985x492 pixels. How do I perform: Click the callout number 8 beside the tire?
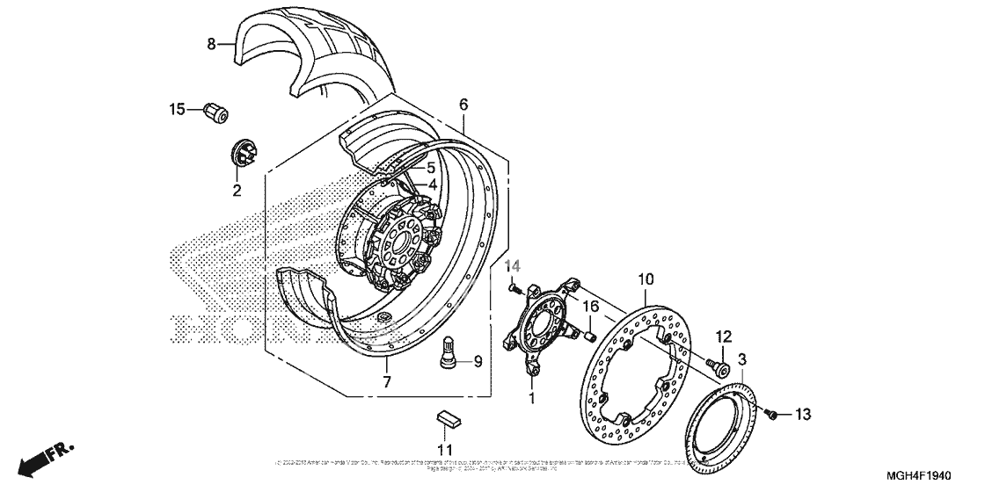click(211, 43)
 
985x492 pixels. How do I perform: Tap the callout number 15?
click(178, 109)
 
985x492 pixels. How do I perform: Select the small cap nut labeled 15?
click(214, 112)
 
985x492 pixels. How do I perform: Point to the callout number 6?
click(463, 105)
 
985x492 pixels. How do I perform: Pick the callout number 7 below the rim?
click(386, 381)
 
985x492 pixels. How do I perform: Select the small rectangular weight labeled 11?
click(449, 416)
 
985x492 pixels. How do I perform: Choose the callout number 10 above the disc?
click(646, 279)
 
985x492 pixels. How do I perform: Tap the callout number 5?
click(432, 168)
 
